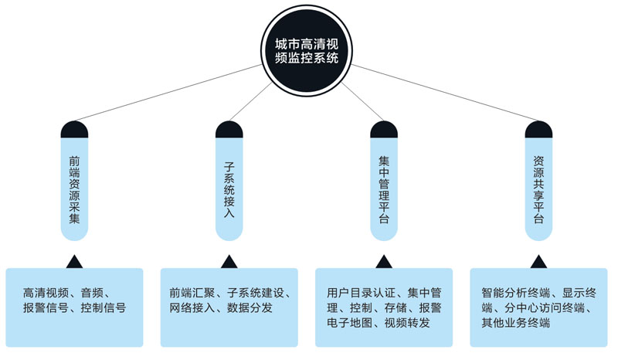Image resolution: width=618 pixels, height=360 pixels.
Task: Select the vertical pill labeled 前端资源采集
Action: (x=74, y=189)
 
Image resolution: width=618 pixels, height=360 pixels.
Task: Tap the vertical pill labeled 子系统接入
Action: (x=229, y=189)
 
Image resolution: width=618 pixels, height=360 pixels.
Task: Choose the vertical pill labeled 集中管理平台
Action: (x=384, y=189)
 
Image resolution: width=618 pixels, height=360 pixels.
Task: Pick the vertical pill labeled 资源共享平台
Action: (x=538, y=189)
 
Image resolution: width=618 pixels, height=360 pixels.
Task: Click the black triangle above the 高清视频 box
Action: (x=74, y=261)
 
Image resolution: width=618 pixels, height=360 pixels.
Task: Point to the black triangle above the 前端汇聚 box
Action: (x=229, y=261)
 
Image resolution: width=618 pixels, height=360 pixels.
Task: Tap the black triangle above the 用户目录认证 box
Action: (x=384, y=261)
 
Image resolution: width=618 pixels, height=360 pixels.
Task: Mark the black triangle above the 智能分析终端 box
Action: (x=538, y=261)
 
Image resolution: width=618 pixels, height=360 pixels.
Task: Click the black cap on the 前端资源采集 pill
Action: (x=74, y=129)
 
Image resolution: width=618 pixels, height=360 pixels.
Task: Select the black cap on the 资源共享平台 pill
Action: (x=538, y=129)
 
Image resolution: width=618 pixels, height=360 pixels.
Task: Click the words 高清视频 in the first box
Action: (x=46, y=293)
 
